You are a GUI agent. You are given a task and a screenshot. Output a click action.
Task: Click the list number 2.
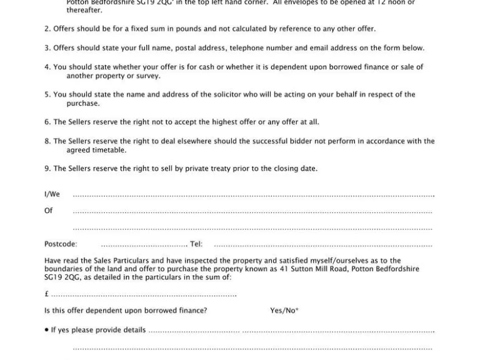coord(47,29)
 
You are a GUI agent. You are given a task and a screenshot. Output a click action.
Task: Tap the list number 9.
coord(47,169)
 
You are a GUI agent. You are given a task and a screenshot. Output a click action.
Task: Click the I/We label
coord(52,195)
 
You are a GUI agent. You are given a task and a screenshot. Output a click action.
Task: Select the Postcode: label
coord(61,244)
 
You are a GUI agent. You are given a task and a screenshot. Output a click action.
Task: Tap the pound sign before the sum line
coord(46,294)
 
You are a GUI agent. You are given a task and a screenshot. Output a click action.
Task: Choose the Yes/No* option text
coord(284,311)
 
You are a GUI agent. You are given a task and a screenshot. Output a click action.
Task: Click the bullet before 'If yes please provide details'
coord(46,330)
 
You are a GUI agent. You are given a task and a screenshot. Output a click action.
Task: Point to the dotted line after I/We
coord(253,196)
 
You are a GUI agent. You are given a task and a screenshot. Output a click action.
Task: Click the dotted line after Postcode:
coord(144,245)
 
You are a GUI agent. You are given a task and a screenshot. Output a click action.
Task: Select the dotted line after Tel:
coord(322,245)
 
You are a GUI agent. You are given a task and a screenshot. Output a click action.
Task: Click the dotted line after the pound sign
coord(144,295)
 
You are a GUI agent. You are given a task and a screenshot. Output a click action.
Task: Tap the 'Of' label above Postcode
coord(48,211)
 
